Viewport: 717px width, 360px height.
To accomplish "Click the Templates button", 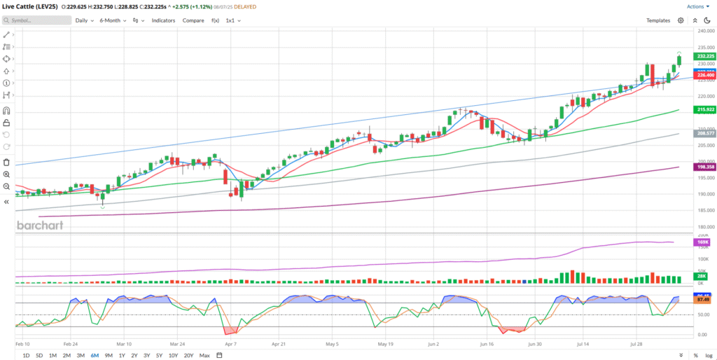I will coord(658,20).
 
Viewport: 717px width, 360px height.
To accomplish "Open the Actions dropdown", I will coord(697,6).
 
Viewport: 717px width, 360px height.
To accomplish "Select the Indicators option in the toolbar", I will coord(163,20).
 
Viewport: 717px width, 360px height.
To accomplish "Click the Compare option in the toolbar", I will coord(193,20).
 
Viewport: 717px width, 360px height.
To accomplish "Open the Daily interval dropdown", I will coord(84,20).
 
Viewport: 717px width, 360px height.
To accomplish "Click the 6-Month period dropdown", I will coord(112,20).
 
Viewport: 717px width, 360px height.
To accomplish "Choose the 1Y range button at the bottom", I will coord(123,355).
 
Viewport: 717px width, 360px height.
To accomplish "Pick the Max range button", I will coord(204,355).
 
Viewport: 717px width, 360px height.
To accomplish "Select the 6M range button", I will coord(95,355).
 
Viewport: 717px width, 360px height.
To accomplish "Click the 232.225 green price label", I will coord(705,56).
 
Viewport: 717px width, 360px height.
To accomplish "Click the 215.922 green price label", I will coord(705,109).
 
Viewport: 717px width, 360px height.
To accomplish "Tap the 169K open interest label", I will coord(703,242).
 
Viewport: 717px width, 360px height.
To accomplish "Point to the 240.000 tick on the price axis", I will coord(704,31).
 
